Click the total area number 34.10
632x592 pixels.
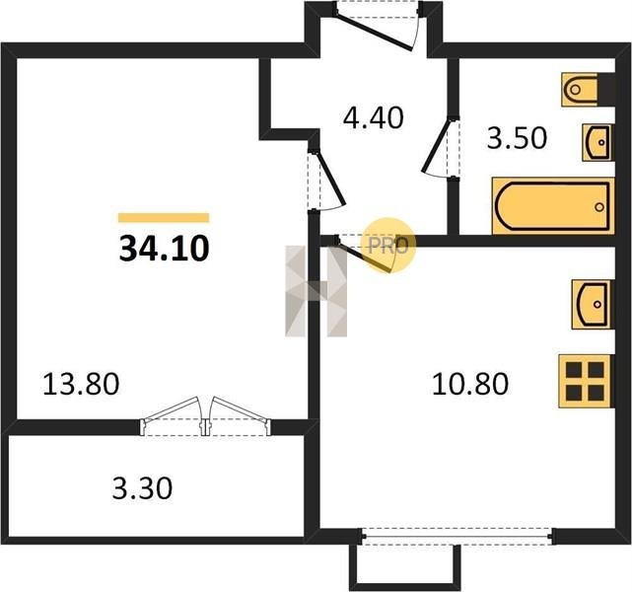[164, 249]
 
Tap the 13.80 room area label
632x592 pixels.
[81, 384]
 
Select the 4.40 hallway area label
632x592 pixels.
[374, 117]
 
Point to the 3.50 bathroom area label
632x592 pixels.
[517, 138]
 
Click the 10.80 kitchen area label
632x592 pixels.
[470, 384]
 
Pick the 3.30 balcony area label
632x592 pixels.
[142, 488]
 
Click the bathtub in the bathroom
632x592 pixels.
[553, 206]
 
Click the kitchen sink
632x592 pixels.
[593, 305]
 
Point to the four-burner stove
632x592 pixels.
[587, 381]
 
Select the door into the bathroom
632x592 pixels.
[441, 147]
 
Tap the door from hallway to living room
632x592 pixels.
[326, 180]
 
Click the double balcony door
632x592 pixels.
[205, 416]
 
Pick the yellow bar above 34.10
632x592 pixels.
[164, 218]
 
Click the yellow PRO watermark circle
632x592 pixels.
[388, 246]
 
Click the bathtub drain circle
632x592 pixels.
[599, 207]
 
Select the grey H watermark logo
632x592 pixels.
[316, 291]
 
